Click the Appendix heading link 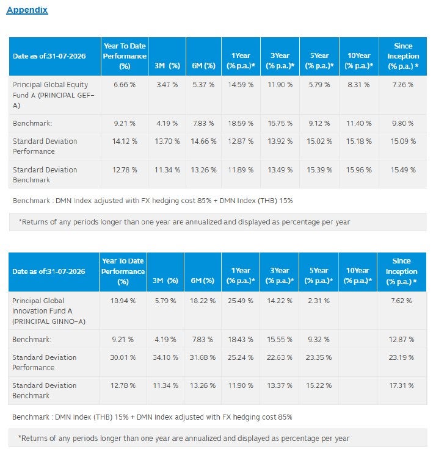27,10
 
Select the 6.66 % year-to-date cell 125,85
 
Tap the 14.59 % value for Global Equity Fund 241,85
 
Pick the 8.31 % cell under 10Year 358,85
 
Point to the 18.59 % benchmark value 241,123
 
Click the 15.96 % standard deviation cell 358,170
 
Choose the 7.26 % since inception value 402,85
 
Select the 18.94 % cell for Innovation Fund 123,301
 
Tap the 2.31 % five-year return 319,301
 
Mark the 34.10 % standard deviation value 165,357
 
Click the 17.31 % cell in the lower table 401,385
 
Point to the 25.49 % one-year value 241,301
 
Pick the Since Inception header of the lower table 401,271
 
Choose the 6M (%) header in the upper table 203,66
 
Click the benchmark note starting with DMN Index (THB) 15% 152,417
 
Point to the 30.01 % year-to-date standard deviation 123,357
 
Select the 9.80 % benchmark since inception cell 402,123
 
